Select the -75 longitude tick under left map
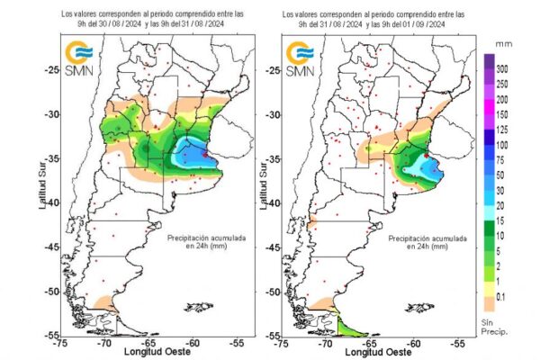[61, 343]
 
